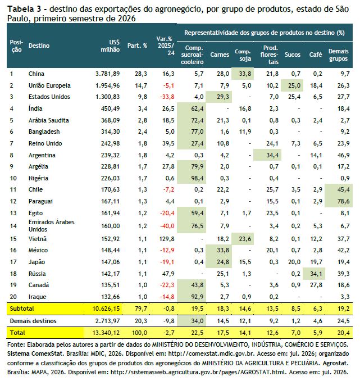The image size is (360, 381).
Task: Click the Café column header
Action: tap(316, 55)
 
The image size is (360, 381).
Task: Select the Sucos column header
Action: tap(293, 55)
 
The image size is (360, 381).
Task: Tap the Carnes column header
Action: tap(220, 55)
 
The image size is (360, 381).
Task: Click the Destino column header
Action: tap(39, 46)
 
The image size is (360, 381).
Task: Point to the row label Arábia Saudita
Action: tap(49, 120)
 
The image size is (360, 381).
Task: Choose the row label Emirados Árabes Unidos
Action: tap(52, 225)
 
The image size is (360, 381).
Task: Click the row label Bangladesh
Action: tap(44, 131)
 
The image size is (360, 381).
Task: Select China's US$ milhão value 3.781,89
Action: tap(108, 74)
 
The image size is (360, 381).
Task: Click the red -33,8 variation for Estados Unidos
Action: tap(167, 97)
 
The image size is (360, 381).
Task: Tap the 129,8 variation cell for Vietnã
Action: tap(167, 239)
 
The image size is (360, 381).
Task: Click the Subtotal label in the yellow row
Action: tap(22, 309)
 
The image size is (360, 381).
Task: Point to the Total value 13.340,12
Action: tap(106, 333)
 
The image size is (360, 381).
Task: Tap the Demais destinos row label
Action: tap(33, 321)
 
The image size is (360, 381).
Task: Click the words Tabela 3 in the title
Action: tap(24, 9)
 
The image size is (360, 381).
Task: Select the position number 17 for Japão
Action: tap(13, 262)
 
